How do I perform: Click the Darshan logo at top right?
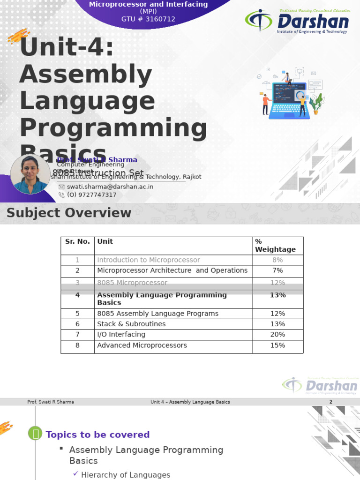coord(297,21)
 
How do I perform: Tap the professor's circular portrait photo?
coord(30,174)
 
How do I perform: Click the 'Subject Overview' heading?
coord(68,213)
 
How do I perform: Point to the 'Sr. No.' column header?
coord(77,242)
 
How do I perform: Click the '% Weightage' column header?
coord(275,246)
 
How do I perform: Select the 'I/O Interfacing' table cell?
coord(121,335)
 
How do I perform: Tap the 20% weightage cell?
coord(277,335)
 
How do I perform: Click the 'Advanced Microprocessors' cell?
coord(142,345)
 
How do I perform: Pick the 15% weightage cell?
coord(277,345)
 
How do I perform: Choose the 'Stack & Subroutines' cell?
coord(131,324)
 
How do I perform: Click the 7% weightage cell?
coord(277,270)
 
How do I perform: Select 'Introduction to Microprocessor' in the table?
coord(148,260)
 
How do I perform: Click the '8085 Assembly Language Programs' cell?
coord(157,314)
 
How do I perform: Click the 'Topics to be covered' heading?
coord(97,435)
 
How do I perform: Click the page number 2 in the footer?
coord(330,402)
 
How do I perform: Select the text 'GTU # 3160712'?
coord(148,19)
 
